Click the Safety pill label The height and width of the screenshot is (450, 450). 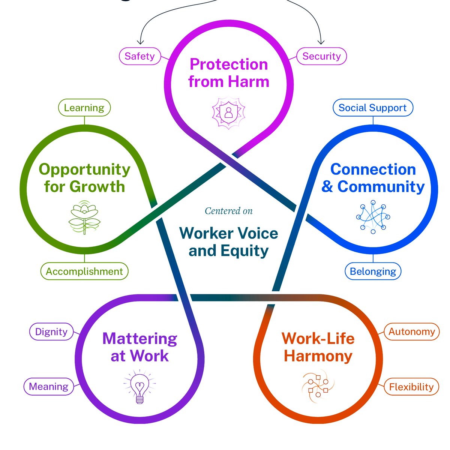click(x=139, y=56)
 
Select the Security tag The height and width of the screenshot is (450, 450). click(x=321, y=56)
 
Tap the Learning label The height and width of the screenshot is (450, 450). click(x=84, y=108)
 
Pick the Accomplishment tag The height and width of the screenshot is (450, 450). click(x=84, y=271)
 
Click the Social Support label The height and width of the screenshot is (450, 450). click(x=372, y=108)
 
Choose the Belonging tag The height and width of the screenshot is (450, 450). click(x=373, y=271)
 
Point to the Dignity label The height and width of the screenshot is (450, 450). click(x=51, y=332)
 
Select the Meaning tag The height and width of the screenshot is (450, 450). click(x=48, y=387)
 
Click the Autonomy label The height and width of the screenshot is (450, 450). click(x=411, y=332)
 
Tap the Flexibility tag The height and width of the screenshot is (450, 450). click(x=411, y=387)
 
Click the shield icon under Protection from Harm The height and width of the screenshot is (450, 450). click(x=228, y=113)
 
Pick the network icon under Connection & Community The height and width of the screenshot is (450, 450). click(x=373, y=217)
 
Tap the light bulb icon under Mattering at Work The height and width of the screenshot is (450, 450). click(x=139, y=388)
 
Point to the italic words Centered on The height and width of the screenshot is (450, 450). click(x=229, y=211)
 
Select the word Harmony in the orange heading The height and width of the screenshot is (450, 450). click(x=318, y=356)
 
